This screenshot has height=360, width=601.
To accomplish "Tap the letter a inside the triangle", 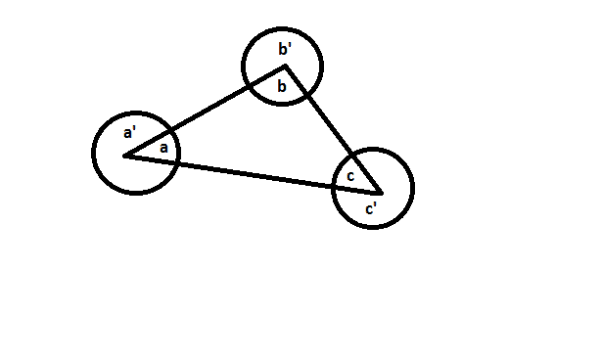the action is click(x=163, y=149).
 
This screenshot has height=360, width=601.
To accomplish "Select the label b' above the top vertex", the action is click(x=285, y=50).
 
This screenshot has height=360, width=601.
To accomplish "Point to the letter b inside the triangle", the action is click(x=282, y=88).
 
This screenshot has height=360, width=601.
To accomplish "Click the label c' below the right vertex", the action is click(x=371, y=208).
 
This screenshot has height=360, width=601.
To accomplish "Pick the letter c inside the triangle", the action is click(x=349, y=177).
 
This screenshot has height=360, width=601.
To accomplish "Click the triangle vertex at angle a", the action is click(x=124, y=156).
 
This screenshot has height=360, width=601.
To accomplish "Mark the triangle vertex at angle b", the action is click(x=285, y=67).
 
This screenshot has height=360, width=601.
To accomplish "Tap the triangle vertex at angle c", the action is click(x=382, y=191).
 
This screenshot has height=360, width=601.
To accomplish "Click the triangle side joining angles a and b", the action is click(x=206, y=111).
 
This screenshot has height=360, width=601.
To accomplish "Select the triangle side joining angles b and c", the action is click(x=333, y=128).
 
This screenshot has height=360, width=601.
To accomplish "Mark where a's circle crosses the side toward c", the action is click(x=176, y=162).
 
